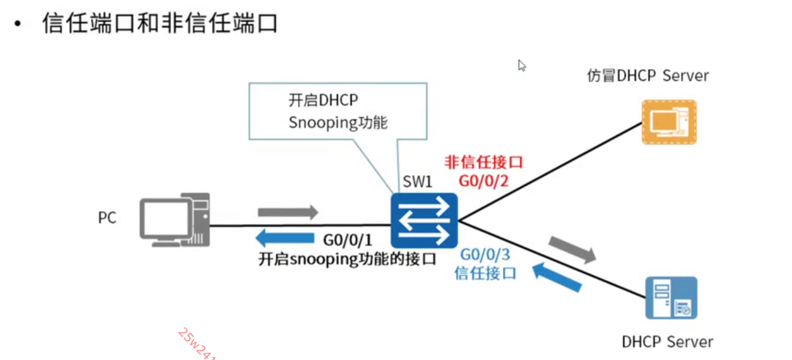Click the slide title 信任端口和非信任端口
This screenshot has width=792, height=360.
(x=160, y=24)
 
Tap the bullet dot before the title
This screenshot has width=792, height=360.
(x=18, y=25)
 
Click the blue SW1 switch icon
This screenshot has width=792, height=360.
(x=424, y=220)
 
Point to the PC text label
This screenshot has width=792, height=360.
(x=107, y=218)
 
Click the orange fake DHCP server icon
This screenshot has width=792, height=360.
(x=669, y=122)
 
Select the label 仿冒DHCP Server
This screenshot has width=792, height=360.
(x=647, y=76)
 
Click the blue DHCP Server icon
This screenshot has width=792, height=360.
(x=671, y=298)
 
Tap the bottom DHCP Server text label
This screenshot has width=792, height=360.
(x=667, y=342)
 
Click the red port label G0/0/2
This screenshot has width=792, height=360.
(x=484, y=180)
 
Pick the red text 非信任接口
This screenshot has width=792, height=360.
(x=484, y=162)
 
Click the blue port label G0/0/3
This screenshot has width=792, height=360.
(x=485, y=255)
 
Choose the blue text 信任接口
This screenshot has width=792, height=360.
(x=485, y=274)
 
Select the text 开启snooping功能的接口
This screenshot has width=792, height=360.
(x=347, y=259)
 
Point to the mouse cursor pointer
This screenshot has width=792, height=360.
(x=521, y=65)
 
